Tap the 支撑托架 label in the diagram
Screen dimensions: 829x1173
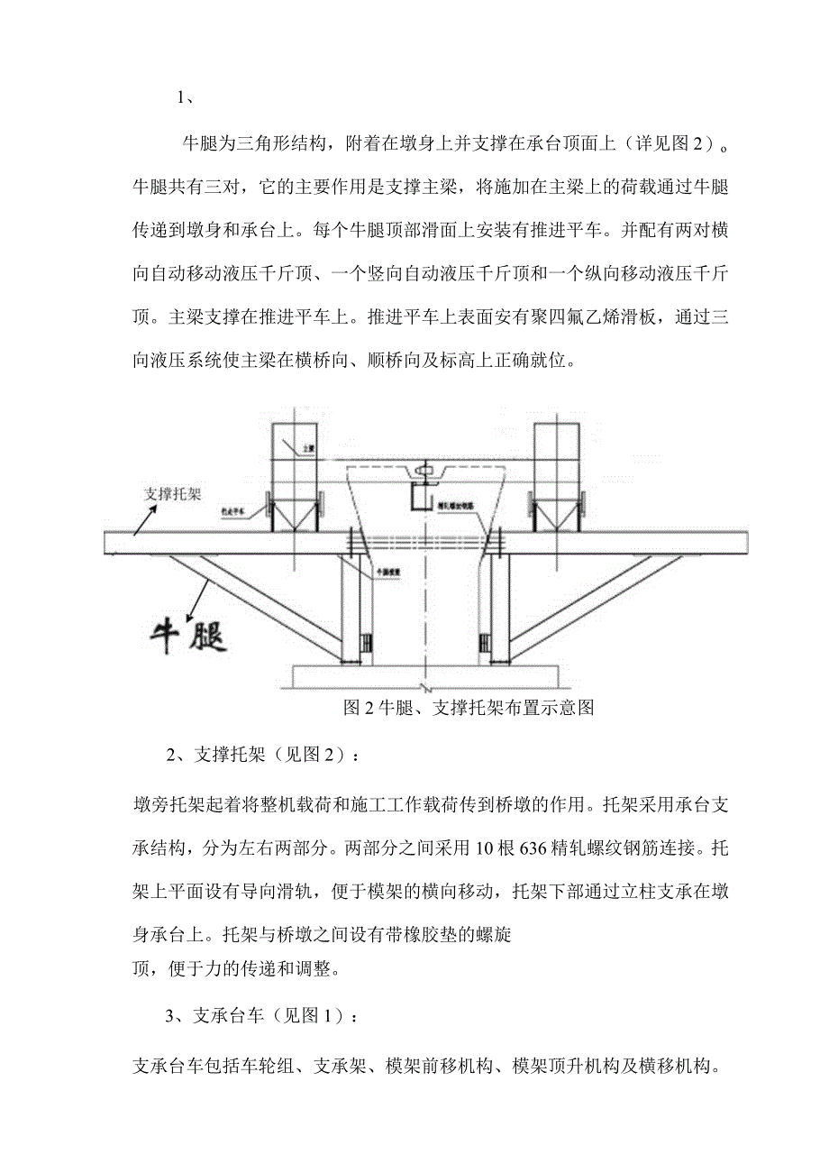coord(175,493)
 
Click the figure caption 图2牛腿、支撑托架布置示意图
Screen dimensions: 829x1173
coord(469,708)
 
